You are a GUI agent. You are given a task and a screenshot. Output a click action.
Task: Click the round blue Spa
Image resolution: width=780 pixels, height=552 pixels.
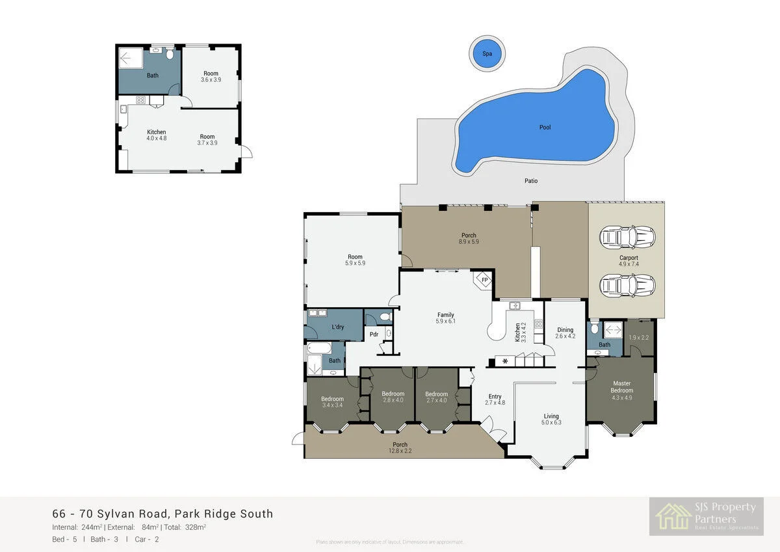point(487,53)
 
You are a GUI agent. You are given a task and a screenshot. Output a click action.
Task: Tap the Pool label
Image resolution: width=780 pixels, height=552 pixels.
point(545,128)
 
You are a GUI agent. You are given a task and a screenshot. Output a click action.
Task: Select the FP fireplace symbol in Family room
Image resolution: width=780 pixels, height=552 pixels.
point(484,281)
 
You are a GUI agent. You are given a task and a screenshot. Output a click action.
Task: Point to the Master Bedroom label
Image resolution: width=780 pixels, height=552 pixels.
point(621,387)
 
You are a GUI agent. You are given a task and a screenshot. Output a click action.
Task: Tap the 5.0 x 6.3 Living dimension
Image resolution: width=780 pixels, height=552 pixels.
point(551,422)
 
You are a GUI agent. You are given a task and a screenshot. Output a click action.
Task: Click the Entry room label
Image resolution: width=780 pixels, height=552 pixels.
point(495,396)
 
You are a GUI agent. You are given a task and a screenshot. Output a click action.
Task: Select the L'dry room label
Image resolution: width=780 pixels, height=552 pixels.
point(337,327)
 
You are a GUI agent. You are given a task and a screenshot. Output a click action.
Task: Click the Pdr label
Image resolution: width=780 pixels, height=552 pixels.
point(374,335)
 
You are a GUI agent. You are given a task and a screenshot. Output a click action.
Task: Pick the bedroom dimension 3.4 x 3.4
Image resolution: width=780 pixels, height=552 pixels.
point(332,406)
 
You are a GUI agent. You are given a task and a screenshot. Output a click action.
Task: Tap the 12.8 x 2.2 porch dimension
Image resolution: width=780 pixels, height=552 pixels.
point(400,451)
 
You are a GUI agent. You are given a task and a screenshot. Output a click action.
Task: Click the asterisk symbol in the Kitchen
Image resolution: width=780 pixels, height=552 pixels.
point(504,361)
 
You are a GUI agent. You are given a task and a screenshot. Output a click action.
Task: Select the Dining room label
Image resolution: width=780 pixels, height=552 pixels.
point(564,329)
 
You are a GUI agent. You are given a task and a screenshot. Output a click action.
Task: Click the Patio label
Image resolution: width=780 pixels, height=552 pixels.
point(531,181)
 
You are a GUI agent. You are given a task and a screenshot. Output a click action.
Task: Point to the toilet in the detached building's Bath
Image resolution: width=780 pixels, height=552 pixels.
point(170,55)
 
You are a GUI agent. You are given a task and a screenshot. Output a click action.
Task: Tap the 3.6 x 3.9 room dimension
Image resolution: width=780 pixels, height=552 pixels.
point(211,80)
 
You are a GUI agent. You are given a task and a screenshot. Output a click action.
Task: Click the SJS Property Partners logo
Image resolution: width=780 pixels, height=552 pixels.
point(706,517)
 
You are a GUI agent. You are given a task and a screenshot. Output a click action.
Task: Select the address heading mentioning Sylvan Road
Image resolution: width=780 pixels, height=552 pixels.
point(162,514)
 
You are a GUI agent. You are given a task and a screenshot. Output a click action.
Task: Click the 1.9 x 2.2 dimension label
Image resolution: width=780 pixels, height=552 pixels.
point(639,337)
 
